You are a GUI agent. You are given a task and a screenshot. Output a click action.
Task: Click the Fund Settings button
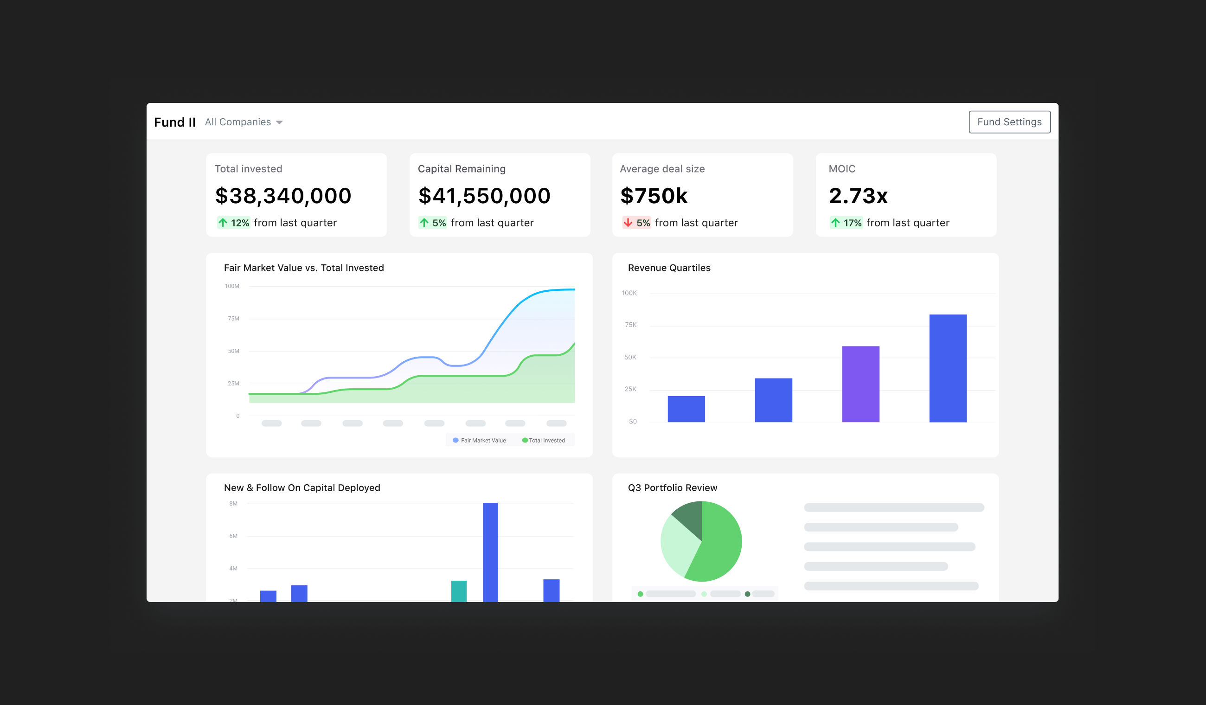1009,122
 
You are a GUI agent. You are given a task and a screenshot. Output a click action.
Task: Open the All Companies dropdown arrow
280,122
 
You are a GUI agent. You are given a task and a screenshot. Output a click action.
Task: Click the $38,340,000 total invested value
283,196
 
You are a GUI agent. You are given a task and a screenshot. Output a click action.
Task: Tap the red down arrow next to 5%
628,223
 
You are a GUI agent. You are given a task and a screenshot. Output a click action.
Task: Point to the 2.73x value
858,196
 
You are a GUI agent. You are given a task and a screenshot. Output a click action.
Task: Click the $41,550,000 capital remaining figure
484,196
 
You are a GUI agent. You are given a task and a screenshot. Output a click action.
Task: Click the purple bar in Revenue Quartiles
860,384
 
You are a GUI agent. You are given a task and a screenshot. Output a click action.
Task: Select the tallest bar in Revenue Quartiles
948,368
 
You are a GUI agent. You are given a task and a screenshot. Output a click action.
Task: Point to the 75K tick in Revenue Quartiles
630,325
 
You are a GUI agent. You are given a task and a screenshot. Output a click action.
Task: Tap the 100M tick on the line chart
231,286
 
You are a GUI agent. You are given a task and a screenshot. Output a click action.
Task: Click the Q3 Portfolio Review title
672,488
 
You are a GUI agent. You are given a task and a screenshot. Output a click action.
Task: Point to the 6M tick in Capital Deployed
233,536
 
